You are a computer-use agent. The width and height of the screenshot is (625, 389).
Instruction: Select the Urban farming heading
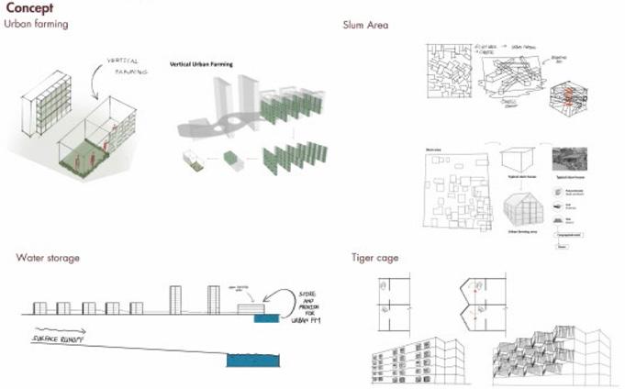click(37, 24)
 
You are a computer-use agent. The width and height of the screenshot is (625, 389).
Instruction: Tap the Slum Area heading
click(365, 24)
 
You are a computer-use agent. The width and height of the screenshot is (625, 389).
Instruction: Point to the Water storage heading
click(48, 258)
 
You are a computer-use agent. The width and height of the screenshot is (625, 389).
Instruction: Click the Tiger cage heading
click(375, 258)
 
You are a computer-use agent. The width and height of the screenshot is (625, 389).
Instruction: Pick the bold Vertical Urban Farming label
click(201, 65)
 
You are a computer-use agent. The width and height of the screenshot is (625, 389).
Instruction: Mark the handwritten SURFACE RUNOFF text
click(61, 339)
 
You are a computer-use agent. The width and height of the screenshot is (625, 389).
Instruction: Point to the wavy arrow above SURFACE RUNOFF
click(61, 328)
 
